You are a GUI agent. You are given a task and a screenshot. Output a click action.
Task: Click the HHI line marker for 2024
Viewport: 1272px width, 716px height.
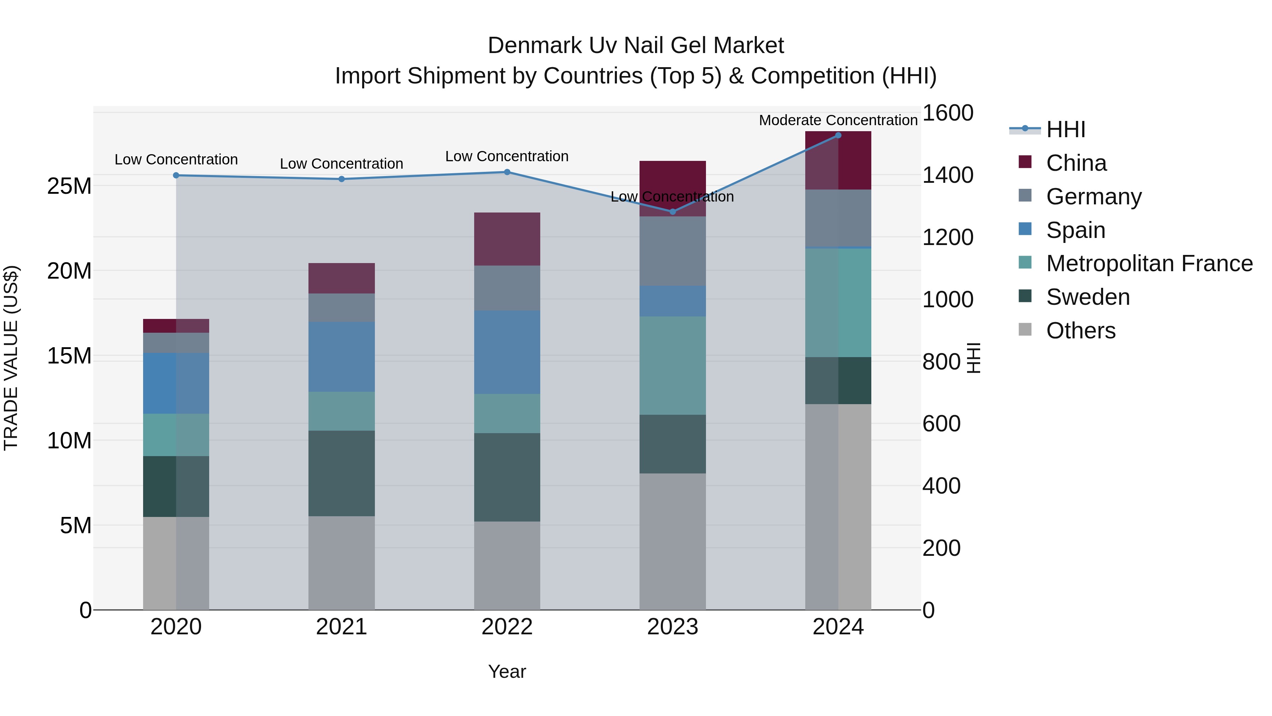(x=838, y=135)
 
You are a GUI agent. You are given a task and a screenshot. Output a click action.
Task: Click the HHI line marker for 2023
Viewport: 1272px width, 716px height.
(x=672, y=211)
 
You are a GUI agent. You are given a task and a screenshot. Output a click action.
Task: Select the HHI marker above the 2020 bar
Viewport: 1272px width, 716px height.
(x=176, y=175)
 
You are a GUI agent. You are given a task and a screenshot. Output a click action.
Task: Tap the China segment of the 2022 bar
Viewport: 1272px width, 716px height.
(x=507, y=239)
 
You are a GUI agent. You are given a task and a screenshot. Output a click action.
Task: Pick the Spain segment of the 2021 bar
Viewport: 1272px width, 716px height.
(x=341, y=357)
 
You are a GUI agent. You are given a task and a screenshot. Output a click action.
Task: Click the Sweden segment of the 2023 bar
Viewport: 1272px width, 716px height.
(x=672, y=444)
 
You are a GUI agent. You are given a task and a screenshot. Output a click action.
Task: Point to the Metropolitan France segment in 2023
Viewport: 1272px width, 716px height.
(x=672, y=366)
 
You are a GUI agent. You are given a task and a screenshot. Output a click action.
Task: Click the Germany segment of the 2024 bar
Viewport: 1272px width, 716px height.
(x=838, y=218)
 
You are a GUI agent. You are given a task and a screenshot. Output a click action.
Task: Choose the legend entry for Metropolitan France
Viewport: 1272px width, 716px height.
(x=1149, y=263)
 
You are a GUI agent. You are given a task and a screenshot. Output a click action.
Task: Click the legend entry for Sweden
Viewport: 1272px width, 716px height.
(x=1088, y=297)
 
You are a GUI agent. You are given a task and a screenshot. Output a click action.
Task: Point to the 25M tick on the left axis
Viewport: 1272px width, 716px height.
(x=69, y=186)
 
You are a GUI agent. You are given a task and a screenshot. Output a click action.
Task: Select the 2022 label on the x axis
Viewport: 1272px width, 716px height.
(x=507, y=627)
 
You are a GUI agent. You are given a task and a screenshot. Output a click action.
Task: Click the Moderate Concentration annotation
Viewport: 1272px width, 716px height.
(x=838, y=120)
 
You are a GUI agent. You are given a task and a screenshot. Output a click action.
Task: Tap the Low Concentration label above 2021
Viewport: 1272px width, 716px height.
(x=341, y=164)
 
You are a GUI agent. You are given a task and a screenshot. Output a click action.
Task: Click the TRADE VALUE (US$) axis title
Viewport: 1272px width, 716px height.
(x=11, y=358)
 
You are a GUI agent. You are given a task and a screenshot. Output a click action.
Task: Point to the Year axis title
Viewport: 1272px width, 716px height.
(x=507, y=671)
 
